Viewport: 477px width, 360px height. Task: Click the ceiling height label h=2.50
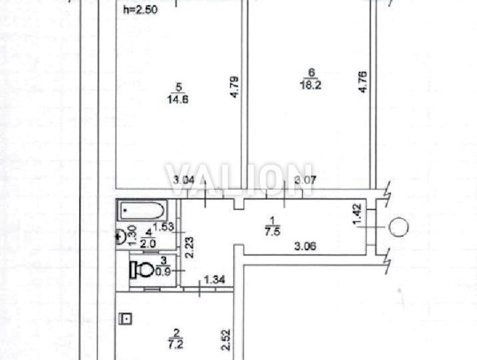140,10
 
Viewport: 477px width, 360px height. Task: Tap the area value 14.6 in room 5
178,99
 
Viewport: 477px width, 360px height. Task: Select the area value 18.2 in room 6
310,84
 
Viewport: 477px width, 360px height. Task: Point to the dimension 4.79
234,87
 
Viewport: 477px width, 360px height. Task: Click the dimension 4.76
363,82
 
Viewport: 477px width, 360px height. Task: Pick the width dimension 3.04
183,180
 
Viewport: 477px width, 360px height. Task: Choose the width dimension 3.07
305,180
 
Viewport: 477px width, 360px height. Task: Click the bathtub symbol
142,210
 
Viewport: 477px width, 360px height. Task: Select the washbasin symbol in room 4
121,236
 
